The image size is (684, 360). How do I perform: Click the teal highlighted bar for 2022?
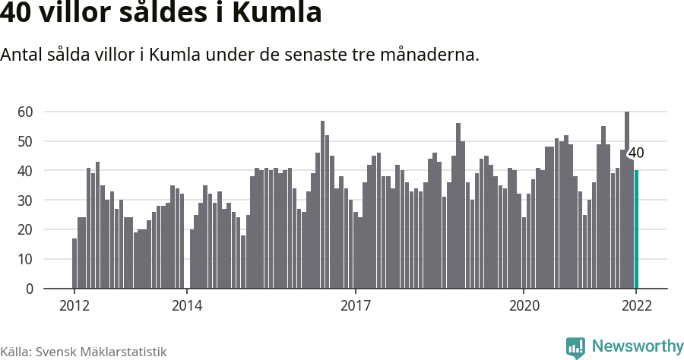[x=637, y=229]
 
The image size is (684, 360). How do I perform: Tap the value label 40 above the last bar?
[x=636, y=153]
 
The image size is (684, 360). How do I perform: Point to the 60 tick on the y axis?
[x=25, y=112]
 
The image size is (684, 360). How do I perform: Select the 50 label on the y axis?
[x=25, y=141]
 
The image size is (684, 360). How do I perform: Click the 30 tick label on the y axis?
[x=25, y=201]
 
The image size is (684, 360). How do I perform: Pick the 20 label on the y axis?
[x=25, y=229]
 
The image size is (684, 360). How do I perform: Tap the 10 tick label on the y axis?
[x=25, y=259]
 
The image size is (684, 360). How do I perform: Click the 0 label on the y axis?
[x=29, y=289]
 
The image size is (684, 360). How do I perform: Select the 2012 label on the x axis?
[x=74, y=306]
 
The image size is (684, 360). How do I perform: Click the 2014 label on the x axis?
[x=186, y=306]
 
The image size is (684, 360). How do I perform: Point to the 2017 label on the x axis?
[x=355, y=306]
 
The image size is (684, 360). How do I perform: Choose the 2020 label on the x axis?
[x=524, y=306]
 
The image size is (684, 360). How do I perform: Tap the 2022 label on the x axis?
[x=636, y=306]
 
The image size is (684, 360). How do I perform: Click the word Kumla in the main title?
[x=277, y=13]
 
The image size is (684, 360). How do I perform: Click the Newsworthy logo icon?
[x=575, y=348]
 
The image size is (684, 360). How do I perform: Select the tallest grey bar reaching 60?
[x=627, y=201]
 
